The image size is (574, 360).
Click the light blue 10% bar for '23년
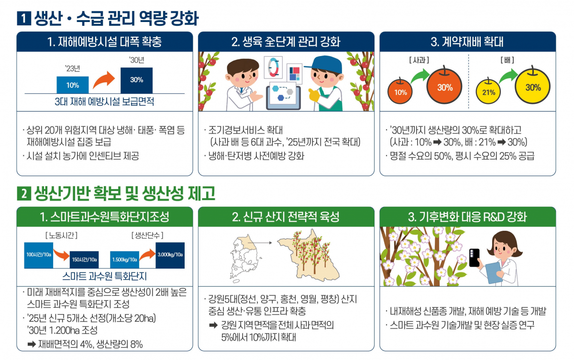point(73,85)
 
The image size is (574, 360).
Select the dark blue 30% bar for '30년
point(136,80)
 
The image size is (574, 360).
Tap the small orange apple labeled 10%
point(400,92)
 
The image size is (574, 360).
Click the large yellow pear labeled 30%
point(533,87)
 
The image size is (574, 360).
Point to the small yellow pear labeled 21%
point(488,92)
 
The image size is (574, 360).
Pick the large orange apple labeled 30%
point(444,87)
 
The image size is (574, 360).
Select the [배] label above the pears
point(507,60)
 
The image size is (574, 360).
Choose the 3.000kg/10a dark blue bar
point(170,256)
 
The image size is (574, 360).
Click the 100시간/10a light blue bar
point(38,255)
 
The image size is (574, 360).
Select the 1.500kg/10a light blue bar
point(125,259)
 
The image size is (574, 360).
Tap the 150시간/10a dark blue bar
point(84,259)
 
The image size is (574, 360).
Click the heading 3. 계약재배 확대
point(467,42)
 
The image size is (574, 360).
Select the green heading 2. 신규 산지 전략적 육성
point(286,217)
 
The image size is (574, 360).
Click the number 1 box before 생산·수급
point(23,19)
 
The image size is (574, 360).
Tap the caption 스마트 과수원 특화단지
point(104,276)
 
